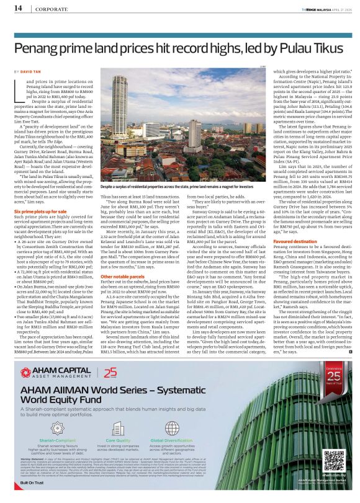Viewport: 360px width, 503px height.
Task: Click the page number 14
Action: coord(18,7)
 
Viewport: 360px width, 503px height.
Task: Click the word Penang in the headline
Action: coord(40,47)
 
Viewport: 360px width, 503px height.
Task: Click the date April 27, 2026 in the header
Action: coord(339,7)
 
